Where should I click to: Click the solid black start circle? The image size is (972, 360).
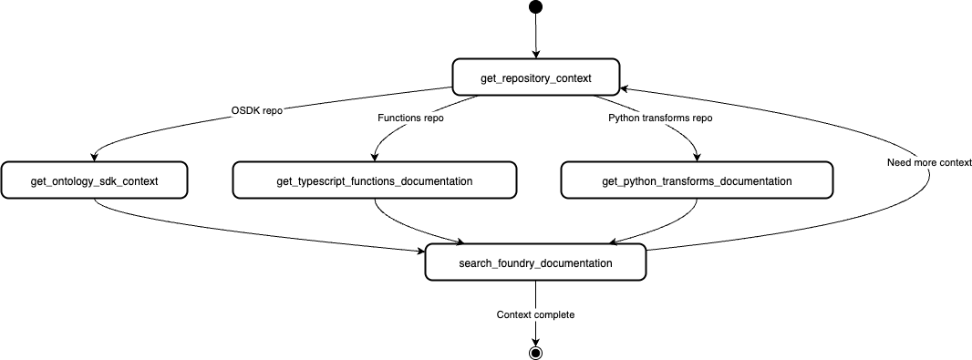[535, 8]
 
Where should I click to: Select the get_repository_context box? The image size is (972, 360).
[535, 77]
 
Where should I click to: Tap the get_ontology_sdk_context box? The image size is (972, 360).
[94, 180]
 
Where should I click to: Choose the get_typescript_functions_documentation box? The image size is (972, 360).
[374, 180]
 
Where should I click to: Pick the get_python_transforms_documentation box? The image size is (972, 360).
[697, 180]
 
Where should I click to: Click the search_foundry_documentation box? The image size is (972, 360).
[535, 262]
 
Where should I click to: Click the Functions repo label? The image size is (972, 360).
[410, 118]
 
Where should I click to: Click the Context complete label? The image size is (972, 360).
[535, 314]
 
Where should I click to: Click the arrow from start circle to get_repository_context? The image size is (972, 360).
[535, 36]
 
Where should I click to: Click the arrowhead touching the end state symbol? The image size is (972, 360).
[535, 340]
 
